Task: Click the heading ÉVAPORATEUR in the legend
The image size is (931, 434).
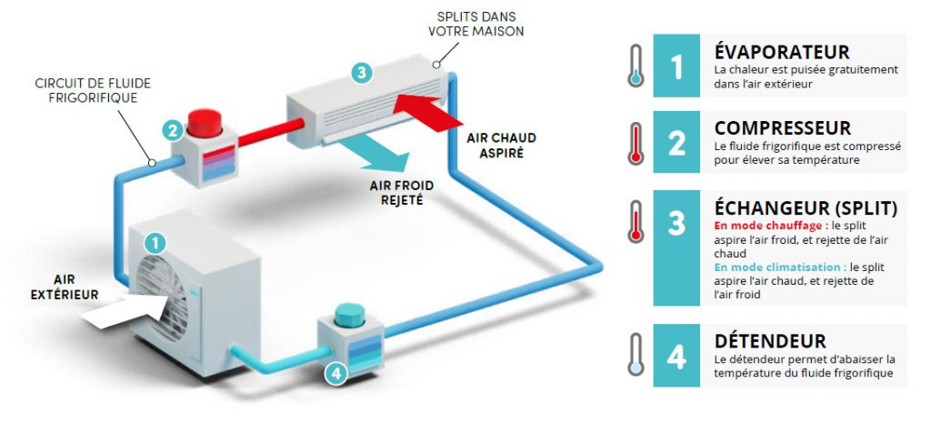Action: coord(782,53)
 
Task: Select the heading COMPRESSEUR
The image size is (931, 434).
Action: coord(783,128)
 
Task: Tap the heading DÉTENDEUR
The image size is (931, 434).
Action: coord(770,341)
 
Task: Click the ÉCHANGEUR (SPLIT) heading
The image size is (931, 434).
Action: coord(806,208)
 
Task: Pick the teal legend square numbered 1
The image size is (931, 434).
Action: coord(676,67)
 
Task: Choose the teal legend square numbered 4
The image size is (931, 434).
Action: coord(676,356)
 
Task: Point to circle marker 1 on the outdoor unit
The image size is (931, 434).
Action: coord(156,243)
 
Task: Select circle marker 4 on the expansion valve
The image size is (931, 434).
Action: coord(336,372)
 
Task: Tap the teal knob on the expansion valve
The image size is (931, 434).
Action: coord(349,314)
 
